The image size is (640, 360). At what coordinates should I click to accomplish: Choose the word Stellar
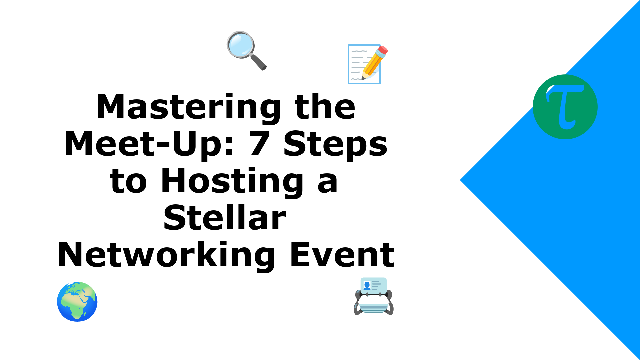click(225, 218)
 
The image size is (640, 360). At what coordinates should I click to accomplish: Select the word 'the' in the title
click(325, 107)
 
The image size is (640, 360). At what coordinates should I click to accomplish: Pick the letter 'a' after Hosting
click(328, 183)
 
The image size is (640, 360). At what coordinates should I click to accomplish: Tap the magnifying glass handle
click(258, 62)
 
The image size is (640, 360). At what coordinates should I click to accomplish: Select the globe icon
click(77, 302)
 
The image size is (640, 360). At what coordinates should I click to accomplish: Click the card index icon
click(374, 296)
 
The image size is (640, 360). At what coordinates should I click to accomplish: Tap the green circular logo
click(565, 107)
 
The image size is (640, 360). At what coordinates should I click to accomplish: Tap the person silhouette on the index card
click(367, 286)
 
